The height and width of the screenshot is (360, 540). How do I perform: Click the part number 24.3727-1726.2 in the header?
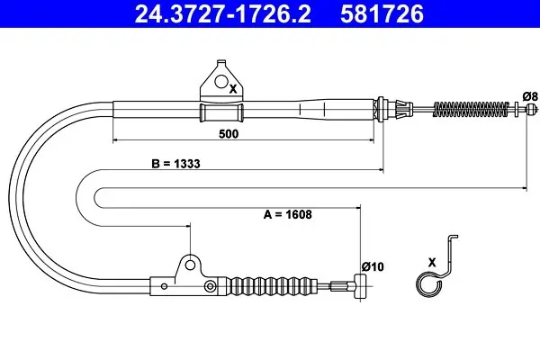[223, 13]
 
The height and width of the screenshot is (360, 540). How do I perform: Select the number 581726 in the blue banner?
[382, 13]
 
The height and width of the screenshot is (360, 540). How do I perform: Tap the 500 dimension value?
[229, 134]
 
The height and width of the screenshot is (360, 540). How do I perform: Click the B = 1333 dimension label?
[175, 164]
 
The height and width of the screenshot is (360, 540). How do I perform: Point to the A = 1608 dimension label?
[288, 214]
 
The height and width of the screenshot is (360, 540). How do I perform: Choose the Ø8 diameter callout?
[530, 96]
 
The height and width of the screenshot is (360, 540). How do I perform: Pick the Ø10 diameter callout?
[373, 266]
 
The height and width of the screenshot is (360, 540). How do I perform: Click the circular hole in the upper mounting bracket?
[221, 81]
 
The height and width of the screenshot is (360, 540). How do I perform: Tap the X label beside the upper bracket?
[233, 90]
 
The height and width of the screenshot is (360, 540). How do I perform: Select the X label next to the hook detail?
[432, 263]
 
